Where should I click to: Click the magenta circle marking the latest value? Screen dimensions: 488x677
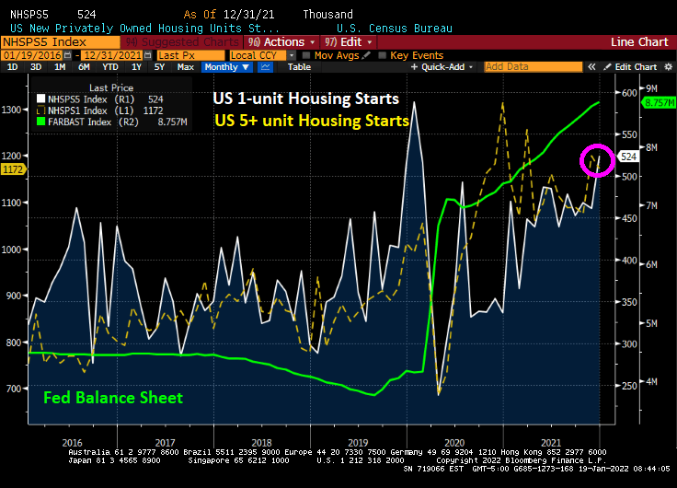click(597, 160)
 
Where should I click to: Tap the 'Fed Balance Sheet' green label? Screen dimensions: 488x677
click(113, 398)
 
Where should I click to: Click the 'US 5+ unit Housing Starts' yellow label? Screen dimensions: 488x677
click(312, 120)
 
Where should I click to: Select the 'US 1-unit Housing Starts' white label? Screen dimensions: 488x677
click(305, 99)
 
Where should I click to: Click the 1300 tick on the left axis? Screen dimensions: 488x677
click(12, 110)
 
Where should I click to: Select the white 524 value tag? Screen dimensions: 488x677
click(629, 157)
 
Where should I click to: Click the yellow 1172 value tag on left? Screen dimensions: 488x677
click(13, 169)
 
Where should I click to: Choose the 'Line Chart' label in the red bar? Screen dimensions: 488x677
click(640, 42)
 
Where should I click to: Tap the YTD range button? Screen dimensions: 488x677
click(109, 67)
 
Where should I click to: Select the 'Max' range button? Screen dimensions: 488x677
click(185, 67)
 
